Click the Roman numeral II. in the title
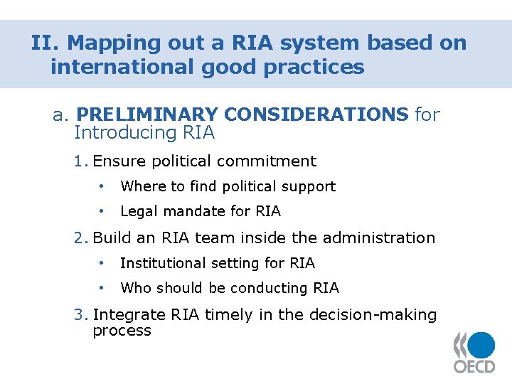[x=46, y=43]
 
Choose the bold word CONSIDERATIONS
[x=315, y=114]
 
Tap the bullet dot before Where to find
[x=103, y=186]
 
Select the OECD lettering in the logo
[x=474, y=366]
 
